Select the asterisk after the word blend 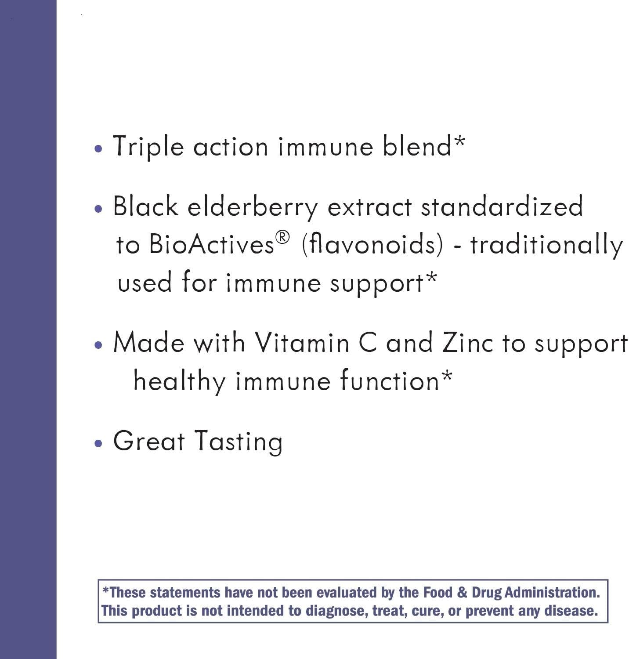click(x=459, y=141)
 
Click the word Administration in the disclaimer click(x=552, y=592)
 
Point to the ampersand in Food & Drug click(x=462, y=593)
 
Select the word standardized click(x=502, y=206)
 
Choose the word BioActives click(x=212, y=245)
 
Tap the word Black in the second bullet click(x=145, y=206)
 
